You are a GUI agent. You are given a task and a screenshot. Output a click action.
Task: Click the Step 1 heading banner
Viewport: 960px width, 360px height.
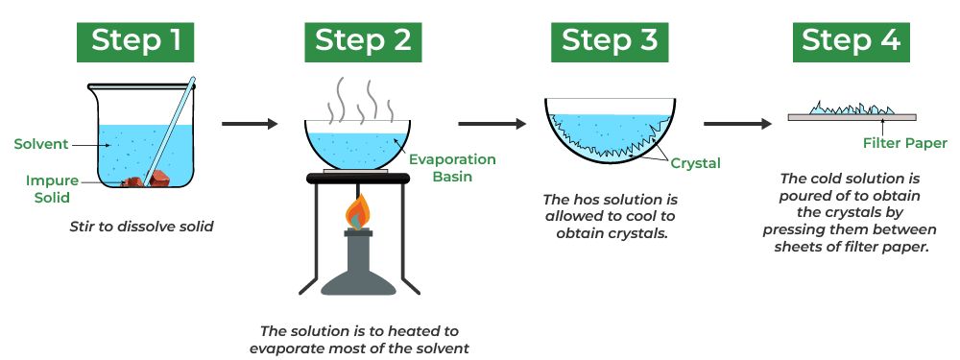coord(135,42)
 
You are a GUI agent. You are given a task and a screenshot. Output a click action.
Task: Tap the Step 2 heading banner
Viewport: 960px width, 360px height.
coord(363,42)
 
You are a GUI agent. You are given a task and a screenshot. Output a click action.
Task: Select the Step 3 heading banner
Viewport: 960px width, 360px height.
coord(610,42)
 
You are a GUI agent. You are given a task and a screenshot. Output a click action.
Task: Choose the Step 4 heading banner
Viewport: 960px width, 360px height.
coord(851,42)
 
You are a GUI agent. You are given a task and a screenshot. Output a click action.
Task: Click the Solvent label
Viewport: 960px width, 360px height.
coord(41,145)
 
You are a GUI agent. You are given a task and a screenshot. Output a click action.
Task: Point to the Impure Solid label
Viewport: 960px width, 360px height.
coord(52,188)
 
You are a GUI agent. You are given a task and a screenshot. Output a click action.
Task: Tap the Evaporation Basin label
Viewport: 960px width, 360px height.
coord(452,168)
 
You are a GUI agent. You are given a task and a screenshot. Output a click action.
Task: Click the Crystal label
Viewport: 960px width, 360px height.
coord(695,163)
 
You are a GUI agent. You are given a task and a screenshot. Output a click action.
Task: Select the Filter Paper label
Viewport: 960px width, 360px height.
coord(905,144)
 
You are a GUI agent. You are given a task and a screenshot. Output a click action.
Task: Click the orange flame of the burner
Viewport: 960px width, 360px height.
coord(358,211)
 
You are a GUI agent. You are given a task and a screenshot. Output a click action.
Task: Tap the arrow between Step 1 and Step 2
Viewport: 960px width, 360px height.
coord(250,124)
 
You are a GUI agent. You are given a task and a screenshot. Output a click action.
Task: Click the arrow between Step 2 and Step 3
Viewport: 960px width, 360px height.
coord(492,124)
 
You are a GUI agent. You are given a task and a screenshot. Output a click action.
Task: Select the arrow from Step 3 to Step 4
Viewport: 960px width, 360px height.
coord(737,124)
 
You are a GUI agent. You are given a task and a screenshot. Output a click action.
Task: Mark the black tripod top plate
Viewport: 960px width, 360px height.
coord(358,179)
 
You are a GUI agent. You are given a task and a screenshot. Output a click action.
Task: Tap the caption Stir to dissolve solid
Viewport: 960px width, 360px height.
coord(141,228)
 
